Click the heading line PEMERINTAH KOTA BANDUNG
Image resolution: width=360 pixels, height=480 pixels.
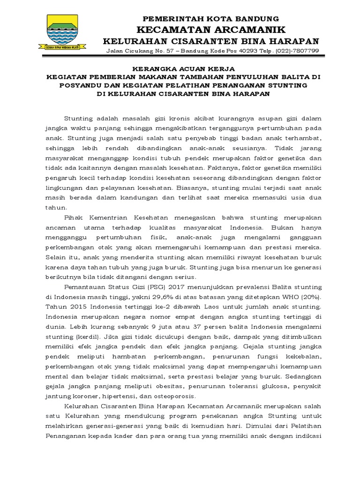210,19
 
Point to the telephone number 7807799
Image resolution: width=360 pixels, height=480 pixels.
304,51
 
